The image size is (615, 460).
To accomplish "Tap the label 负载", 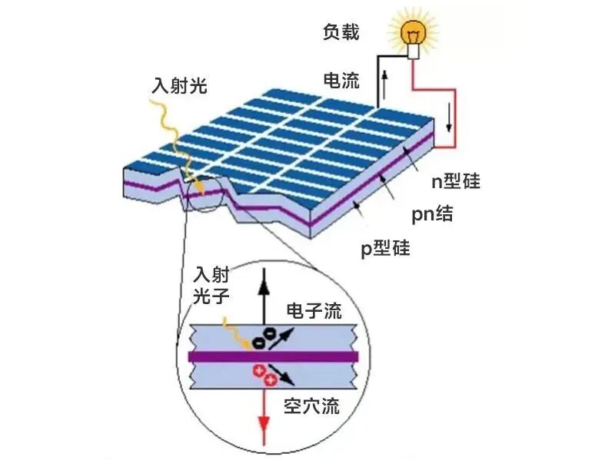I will click(x=341, y=33).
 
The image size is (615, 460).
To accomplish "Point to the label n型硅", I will click(x=454, y=181).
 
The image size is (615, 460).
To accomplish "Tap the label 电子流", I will click(x=314, y=311).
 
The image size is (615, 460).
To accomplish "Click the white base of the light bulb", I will click(x=414, y=51).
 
